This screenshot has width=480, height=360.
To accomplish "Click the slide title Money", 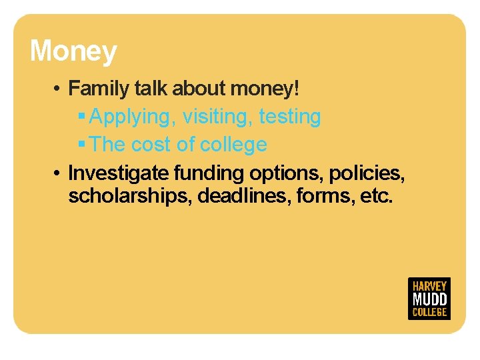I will [x=73, y=51].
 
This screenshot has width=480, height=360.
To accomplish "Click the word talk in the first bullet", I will [x=153, y=88].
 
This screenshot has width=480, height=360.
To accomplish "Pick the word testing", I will [x=290, y=117].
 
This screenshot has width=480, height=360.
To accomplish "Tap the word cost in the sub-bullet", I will [x=151, y=145].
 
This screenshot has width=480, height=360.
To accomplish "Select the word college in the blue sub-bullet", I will [x=233, y=145].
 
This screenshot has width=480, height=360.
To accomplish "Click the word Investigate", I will [x=119, y=173].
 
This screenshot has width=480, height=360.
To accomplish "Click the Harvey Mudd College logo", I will [x=429, y=298].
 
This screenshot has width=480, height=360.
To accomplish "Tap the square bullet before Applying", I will [x=81, y=117].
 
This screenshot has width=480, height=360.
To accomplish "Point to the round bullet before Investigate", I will [x=59, y=173].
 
